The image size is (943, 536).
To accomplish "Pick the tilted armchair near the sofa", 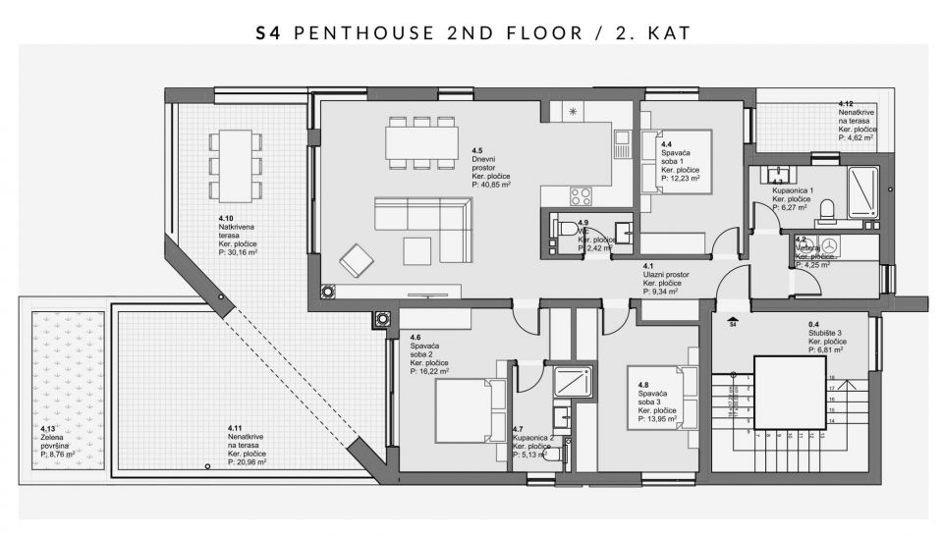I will (357, 261).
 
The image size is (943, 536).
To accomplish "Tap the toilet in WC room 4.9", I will (564, 229).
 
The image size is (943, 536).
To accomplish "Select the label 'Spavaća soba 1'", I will (676, 157).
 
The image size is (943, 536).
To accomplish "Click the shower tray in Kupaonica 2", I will (573, 382).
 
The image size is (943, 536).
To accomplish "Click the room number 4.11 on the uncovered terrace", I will (235, 428).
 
